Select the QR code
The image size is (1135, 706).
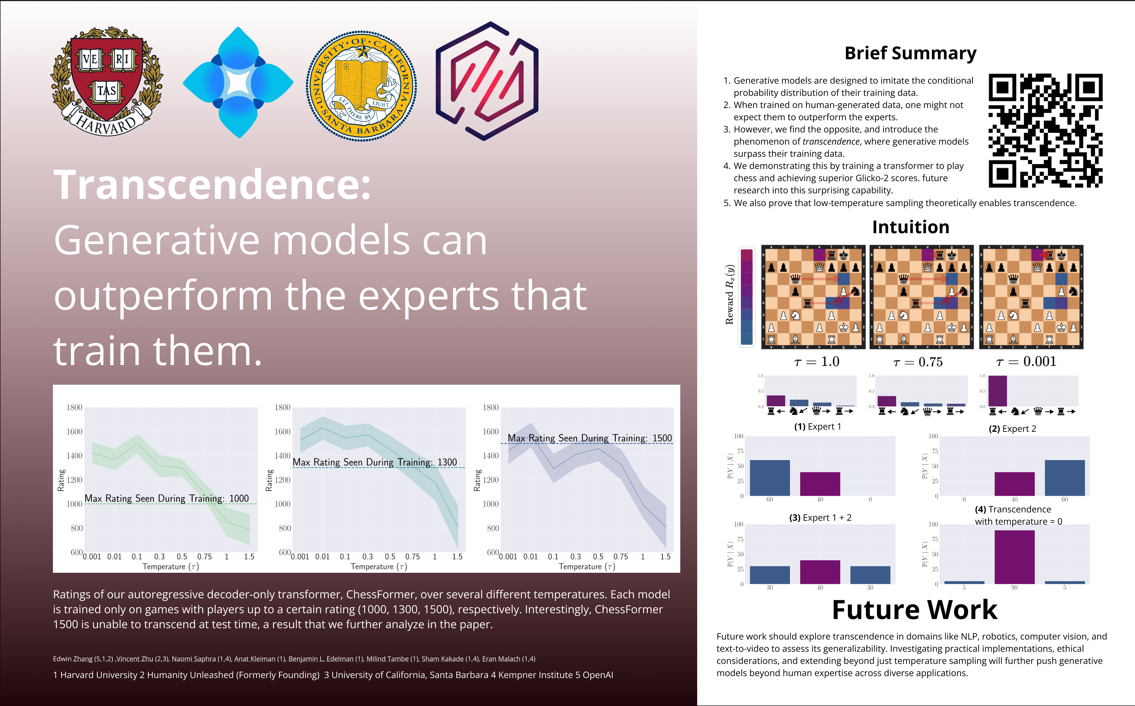pyautogui.click(x=1045, y=131)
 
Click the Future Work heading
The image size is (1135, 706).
pyautogui.click(x=914, y=610)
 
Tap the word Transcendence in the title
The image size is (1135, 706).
pyautogui.click(x=212, y=185)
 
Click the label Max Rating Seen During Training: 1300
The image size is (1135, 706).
pyautogui.click(x=375, y=462)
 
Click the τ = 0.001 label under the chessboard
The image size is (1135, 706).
pyautogui.click(x=1026, y=362)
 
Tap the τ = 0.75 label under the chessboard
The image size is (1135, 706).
pyautogui.click(x=917, y=362)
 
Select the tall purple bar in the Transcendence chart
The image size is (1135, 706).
pyautogui.click(x=1014, y=557)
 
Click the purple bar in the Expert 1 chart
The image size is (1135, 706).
pyautogui.click(x=820, y=484)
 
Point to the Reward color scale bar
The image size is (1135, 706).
pyautogui.click(x=747, y=297)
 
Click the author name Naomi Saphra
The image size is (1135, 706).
pyautogui.click(x=193, y=659)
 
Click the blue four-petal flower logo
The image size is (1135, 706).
pyautogui.click(x=238, y=83)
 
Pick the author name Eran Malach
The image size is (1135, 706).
pyautogui.click(x=501, y=659)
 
